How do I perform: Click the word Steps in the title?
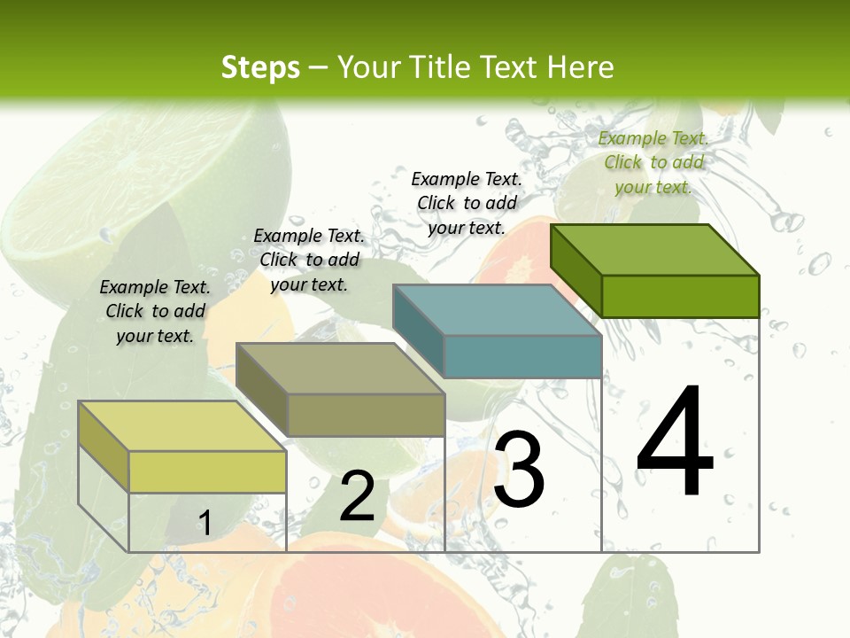click(260, 67)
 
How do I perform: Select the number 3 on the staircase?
click(519, 470)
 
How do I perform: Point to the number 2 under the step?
click(358, 496)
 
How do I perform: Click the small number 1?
click(205, 524)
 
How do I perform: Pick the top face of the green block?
click(655, 249)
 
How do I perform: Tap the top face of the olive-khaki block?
click(340, 369)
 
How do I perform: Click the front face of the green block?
click(680, 296)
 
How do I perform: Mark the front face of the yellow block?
click(207, 471)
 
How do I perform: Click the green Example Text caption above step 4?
click(653, 162)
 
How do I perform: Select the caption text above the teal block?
click(467, 203)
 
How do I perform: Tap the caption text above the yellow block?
click(155, 311)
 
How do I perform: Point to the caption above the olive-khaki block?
click(309, 260)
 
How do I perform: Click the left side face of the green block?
click(576, 269)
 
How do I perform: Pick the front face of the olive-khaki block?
click(366, 415)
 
